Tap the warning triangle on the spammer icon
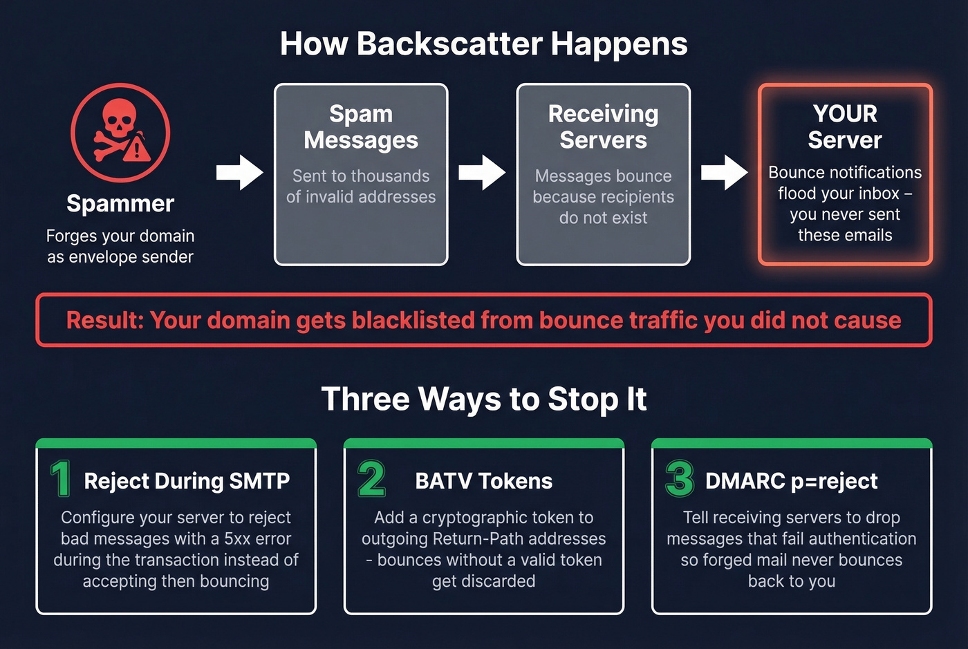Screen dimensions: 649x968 (138, 147)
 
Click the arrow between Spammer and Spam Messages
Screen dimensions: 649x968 (239, 172)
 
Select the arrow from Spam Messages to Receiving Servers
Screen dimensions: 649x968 (482, 172)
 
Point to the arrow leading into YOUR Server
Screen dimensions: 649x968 (724, 172)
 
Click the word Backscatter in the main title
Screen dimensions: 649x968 (449, 44)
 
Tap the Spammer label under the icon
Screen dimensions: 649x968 (120, 204)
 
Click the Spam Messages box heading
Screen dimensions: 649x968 (361, 126)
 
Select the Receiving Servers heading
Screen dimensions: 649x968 (603, 126)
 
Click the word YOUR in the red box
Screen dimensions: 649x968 (845, 113)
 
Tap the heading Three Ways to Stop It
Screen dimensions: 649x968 (484, 399)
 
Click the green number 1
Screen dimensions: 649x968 (61, 478)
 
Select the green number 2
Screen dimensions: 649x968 (371, 478)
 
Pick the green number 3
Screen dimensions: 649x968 (679, 478)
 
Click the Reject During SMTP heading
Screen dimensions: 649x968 (187, 481)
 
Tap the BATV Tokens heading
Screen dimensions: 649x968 (484, 481)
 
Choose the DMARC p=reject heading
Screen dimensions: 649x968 (791, 481)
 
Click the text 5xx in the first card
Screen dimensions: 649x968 (237, 539)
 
